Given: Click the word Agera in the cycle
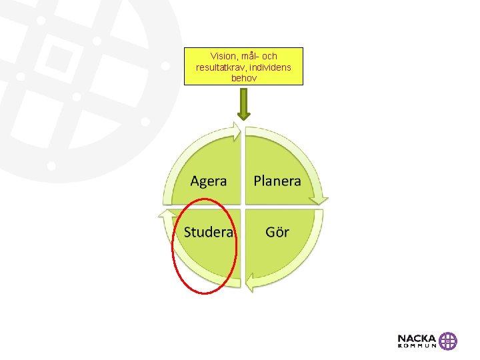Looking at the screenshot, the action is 209,181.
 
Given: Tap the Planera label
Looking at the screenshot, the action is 277,181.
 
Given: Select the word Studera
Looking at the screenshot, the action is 209,232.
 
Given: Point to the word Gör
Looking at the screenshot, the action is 277,232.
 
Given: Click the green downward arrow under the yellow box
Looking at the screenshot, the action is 244,105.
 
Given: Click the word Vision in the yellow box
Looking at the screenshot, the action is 223,57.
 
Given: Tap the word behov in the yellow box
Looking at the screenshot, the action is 243,78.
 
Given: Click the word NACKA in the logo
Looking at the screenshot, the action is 417,338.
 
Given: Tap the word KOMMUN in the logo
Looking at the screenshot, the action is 417,346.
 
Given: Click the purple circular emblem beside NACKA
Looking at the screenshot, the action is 448,341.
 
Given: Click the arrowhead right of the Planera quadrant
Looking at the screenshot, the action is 322,198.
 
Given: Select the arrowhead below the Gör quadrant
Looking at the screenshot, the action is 250,283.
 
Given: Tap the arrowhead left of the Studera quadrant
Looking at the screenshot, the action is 164,215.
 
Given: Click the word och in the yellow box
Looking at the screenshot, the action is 269,57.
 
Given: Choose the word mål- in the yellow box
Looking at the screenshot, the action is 249,57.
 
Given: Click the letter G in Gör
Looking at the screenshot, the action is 270,232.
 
